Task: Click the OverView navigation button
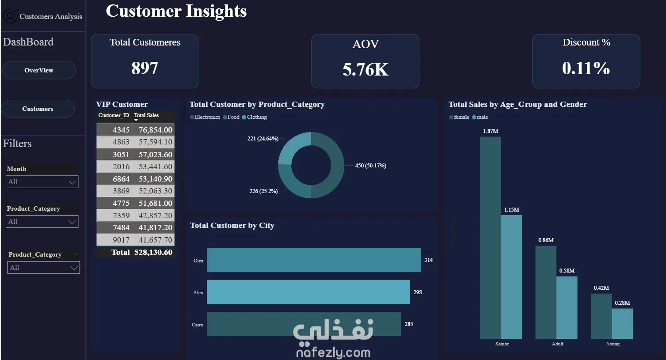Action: [38, 71]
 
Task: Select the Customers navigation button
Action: [38, 109]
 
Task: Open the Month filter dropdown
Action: [42, 182]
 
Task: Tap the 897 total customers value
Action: [145, 68]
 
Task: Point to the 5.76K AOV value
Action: [365, 69]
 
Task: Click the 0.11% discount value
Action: [586, 68]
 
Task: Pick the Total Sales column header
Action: [146, 115]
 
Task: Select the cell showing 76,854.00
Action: [156, 130]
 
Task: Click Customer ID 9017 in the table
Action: [121, 240]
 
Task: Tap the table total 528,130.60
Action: [153, 252]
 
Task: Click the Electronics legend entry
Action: [205, 117]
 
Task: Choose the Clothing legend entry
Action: [255, 117]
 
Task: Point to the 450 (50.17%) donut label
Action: [371, 166]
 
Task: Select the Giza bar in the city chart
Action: [314, 260]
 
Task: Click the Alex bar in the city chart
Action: [308, 292]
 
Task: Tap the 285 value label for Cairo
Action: [409, 324]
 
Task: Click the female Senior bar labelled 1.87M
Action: [490, 238]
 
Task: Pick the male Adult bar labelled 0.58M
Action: [567, 308]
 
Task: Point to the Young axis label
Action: [613, 344]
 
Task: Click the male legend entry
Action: [480, 117]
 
